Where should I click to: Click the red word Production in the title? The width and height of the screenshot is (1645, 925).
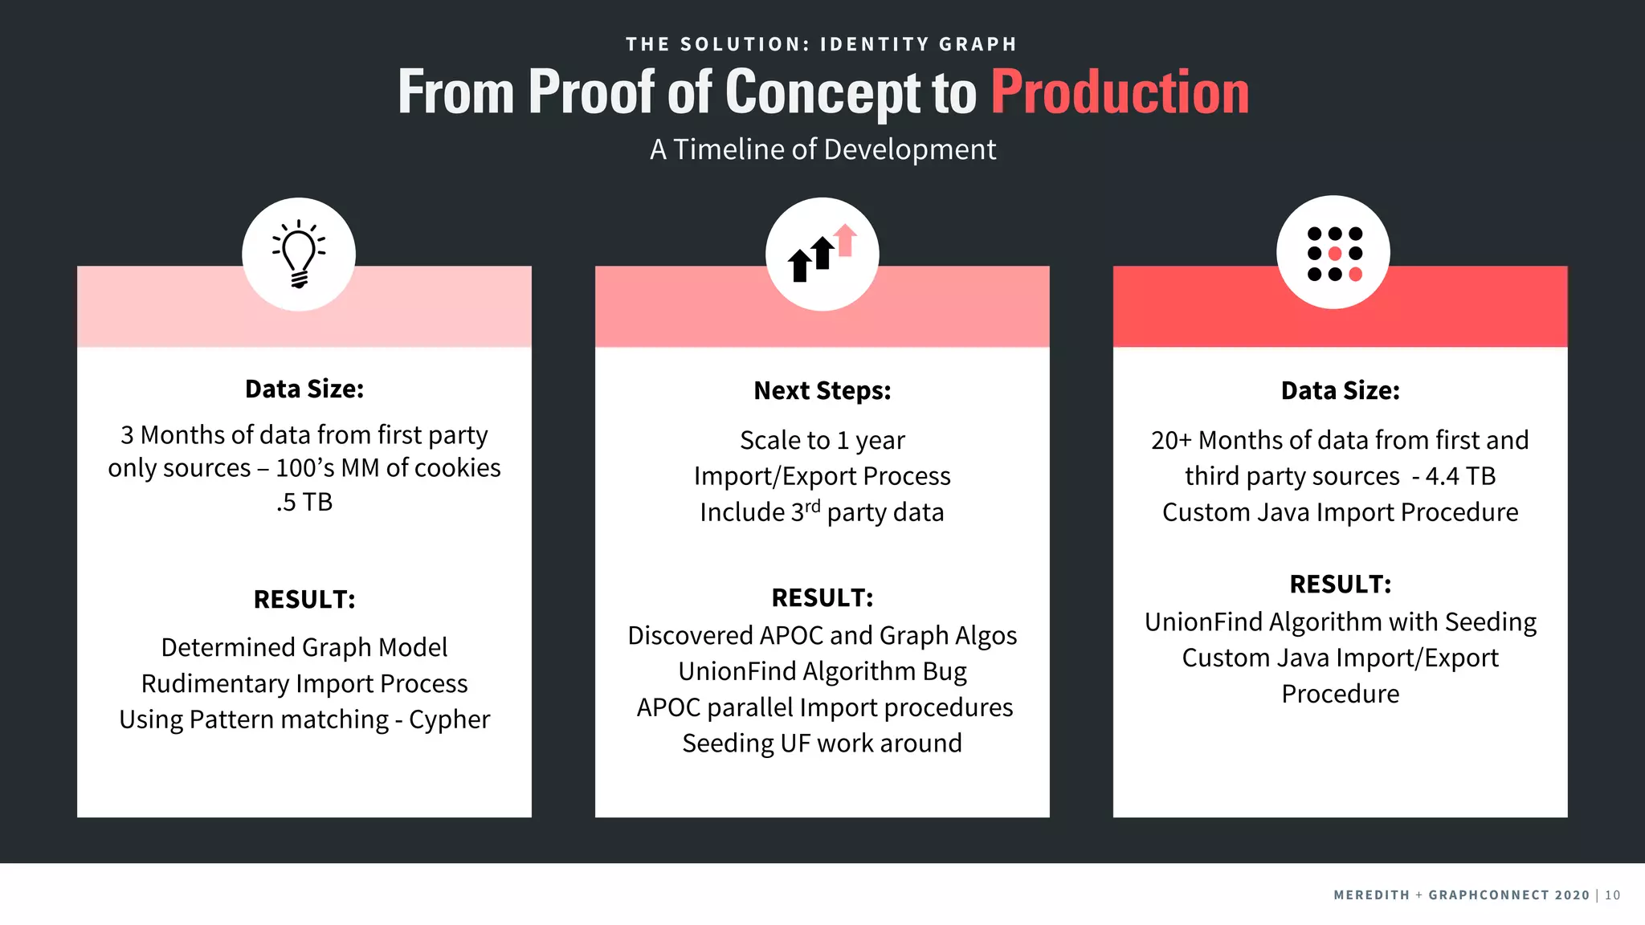(1120, 92)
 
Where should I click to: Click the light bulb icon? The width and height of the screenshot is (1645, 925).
(299, 254)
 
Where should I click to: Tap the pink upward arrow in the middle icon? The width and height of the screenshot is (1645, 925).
(845, 239)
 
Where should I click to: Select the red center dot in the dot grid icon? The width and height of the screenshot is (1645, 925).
(1335, 254)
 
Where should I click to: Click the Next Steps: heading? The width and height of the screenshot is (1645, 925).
(822, 390)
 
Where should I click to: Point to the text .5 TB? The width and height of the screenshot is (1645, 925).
(304, 502)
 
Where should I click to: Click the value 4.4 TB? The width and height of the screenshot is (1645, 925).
(1460, 476)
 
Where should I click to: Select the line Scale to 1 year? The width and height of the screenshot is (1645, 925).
(822, 440)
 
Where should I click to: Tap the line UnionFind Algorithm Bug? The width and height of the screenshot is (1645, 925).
(822, 671)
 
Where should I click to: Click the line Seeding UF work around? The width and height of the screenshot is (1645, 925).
(822, 744)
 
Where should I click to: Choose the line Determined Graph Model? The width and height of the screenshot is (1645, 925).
(304, 647)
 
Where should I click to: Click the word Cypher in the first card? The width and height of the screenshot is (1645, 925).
(449, 719)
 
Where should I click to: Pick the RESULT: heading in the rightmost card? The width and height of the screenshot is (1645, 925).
(1340, 584)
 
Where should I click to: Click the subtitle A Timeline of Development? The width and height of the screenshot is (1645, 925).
(822, 149)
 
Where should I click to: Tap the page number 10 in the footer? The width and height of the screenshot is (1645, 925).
(1612, 895)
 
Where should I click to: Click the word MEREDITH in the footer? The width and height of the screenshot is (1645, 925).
(1371, 895)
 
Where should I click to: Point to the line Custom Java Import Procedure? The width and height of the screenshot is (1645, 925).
(1340, 512)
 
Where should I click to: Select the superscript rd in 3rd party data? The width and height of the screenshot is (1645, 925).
(813, 506)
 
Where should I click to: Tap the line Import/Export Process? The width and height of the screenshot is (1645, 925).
(822, 476)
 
